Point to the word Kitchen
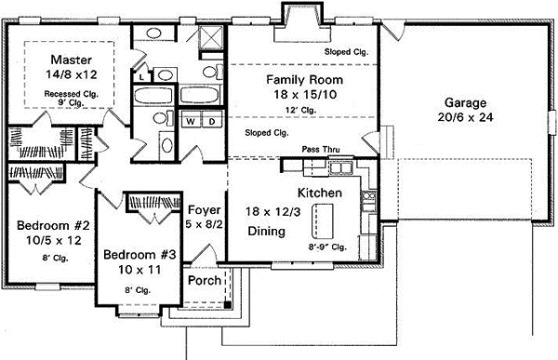321,193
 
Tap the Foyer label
203,209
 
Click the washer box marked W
190,121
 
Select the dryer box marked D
210,121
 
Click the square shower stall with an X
210,39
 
